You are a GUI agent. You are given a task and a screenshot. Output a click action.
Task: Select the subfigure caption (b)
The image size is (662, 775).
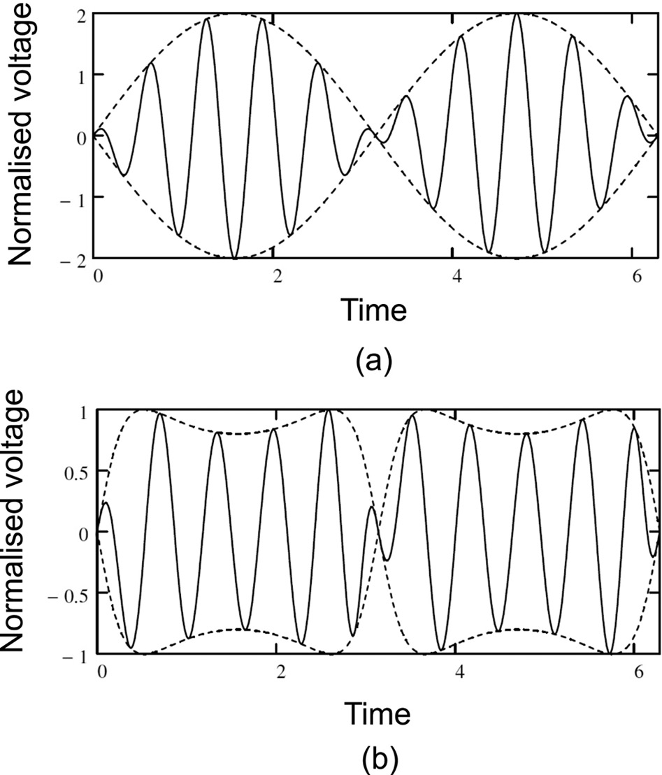[x=373, y=758]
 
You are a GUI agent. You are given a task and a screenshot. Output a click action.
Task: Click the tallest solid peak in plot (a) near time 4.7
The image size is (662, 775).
[x=517, y=15]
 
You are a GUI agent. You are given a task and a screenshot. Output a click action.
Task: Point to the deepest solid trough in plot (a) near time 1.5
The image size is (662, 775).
[x=236, y=258]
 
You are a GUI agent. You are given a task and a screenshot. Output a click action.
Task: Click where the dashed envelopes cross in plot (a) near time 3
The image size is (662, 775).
[x=375, y=136]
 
